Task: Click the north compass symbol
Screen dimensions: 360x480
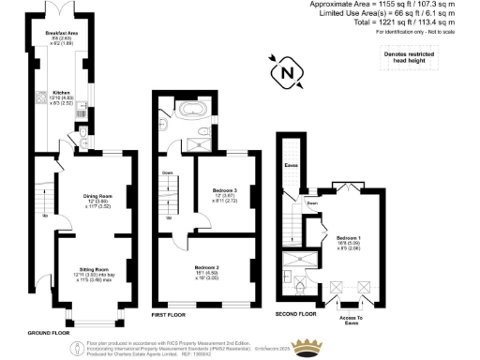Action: pyautogui.click(x=286, y=70)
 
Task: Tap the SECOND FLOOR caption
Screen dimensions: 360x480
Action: pyautogui.click(x=294, y=312)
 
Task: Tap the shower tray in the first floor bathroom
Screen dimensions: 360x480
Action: pyautogui.click(x=200, y=143)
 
